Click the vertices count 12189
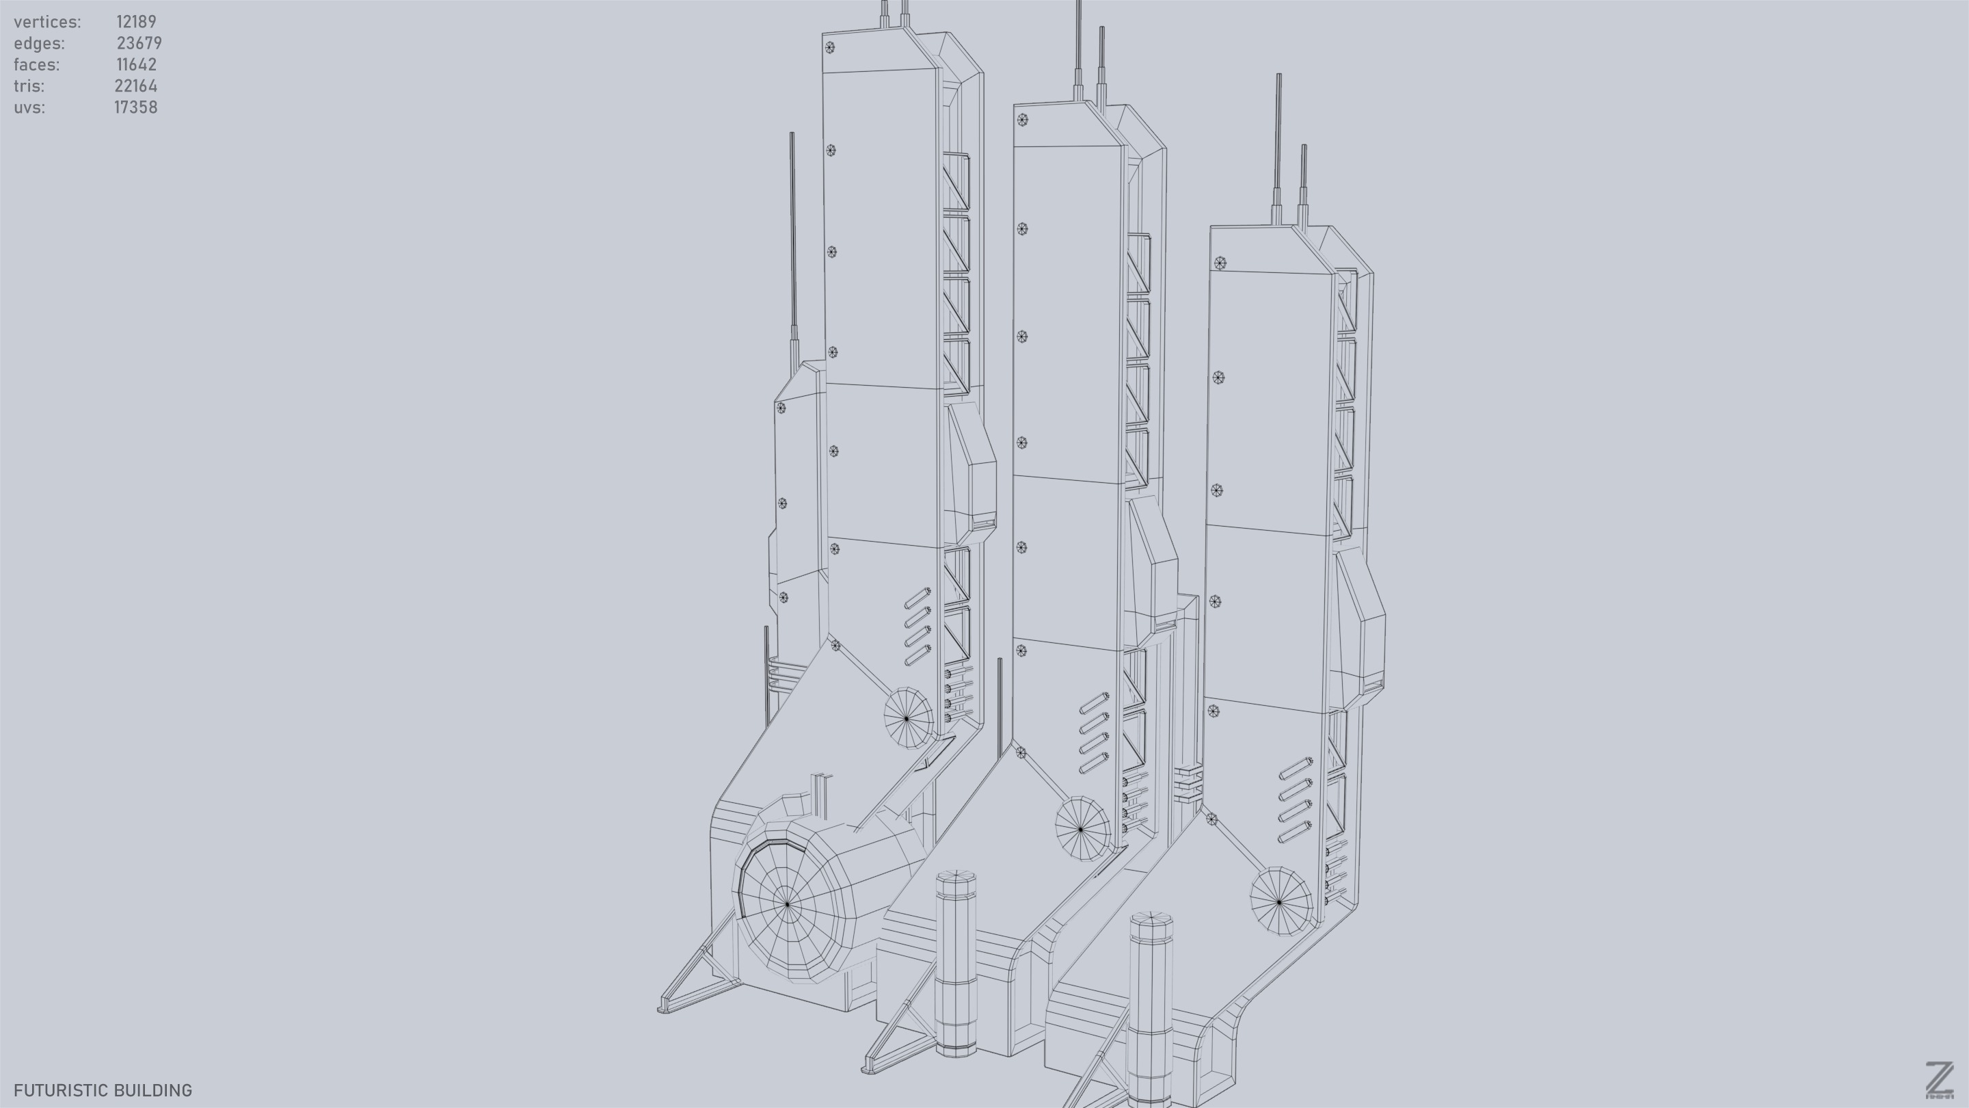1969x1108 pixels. click(x=136, y=21)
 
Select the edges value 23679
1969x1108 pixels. click(x=139, y=43)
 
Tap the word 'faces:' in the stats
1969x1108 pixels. click(x=36, y=64)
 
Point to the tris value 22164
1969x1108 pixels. click(x=136, y=85)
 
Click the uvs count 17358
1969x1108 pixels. click(x=136, y=107)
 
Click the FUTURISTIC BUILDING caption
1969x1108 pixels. click(x=103, y=1090)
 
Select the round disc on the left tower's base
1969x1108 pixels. click(x=908, y=717)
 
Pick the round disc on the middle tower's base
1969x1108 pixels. click(x=1082, y=828)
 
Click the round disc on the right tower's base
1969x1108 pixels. click(x=1281, y=901)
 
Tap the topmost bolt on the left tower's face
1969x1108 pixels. click(x=829, y=47)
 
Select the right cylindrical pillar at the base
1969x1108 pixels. click(x=1151, y=1010)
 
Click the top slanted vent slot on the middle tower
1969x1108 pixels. click(x=1095, y=701)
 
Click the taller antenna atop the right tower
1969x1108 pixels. click(x=1278, y=137)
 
